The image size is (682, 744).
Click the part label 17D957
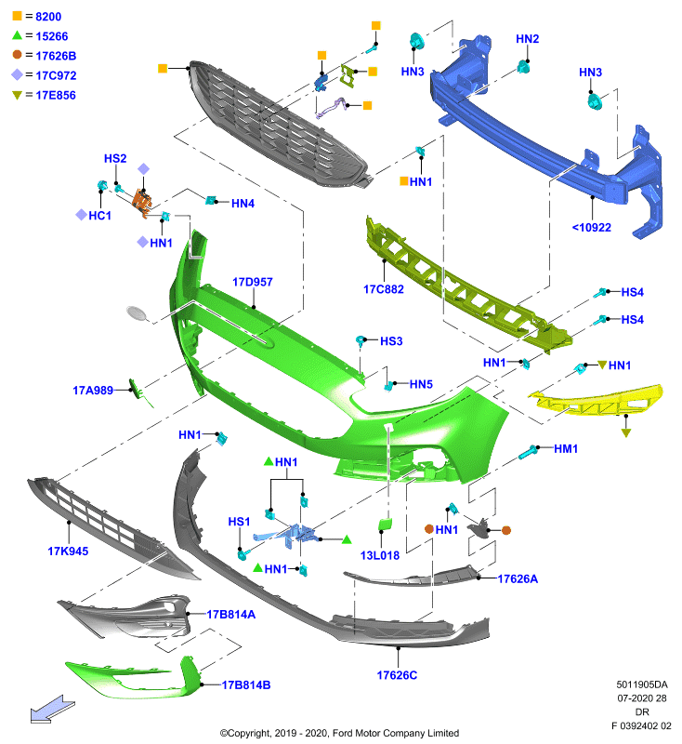252,282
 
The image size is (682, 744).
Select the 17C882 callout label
384,289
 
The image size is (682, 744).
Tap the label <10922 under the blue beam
592,228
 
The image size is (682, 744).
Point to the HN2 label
528,39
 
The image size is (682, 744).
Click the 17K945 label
68,551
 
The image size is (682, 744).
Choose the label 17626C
397,675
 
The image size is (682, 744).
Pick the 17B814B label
246,685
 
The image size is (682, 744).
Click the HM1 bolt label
566,449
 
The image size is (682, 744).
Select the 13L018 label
380,555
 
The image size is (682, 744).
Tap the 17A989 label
93,391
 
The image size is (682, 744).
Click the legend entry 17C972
56,75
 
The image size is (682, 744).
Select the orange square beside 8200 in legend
17,16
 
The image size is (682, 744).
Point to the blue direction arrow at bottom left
52,710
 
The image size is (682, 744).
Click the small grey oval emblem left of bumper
138,312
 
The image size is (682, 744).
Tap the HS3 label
391,341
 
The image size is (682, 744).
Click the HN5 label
421,384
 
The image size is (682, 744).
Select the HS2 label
115,158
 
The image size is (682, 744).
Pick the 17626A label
518,578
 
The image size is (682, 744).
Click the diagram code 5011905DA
642,684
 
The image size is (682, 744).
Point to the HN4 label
243,204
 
